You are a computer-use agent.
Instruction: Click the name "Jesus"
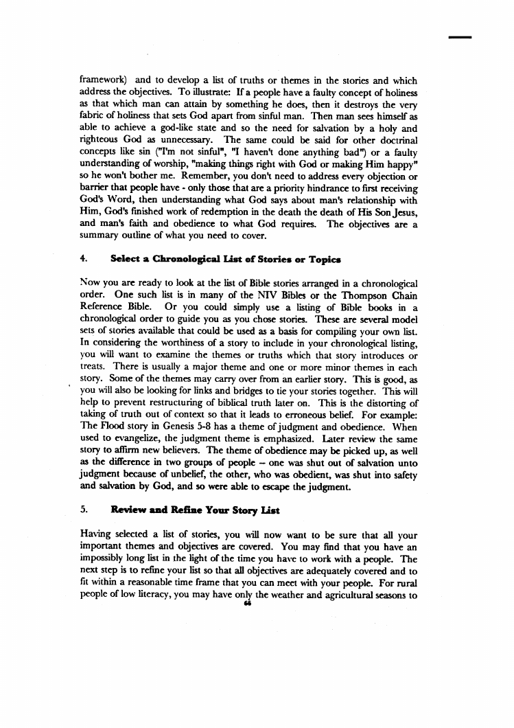point(398,225)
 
